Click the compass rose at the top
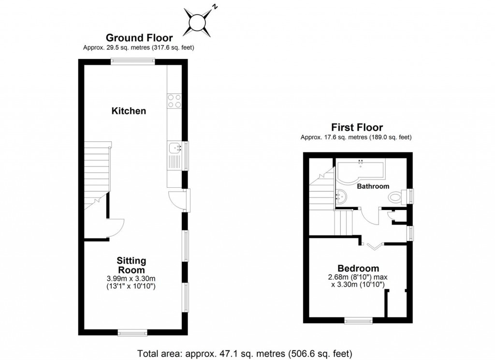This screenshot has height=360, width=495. (x=198, y=22)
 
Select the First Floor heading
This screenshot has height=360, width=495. (x=356, y=128)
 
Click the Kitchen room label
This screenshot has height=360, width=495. (x=129, y=111)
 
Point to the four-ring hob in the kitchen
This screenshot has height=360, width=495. (x=174, y=100)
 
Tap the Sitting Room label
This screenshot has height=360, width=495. (x=131, y=265)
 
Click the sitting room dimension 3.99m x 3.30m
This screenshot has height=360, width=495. (x=131, y=278)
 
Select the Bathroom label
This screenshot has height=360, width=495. (x=373, y=186)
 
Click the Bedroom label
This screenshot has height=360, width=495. (x=358, y=269)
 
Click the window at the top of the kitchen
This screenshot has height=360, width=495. (x=132, y=61)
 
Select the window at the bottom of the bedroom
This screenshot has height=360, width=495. (x=358, y=320)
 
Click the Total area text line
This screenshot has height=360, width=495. (x=245, y=352)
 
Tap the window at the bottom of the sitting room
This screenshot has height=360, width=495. (x=132, y=332)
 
